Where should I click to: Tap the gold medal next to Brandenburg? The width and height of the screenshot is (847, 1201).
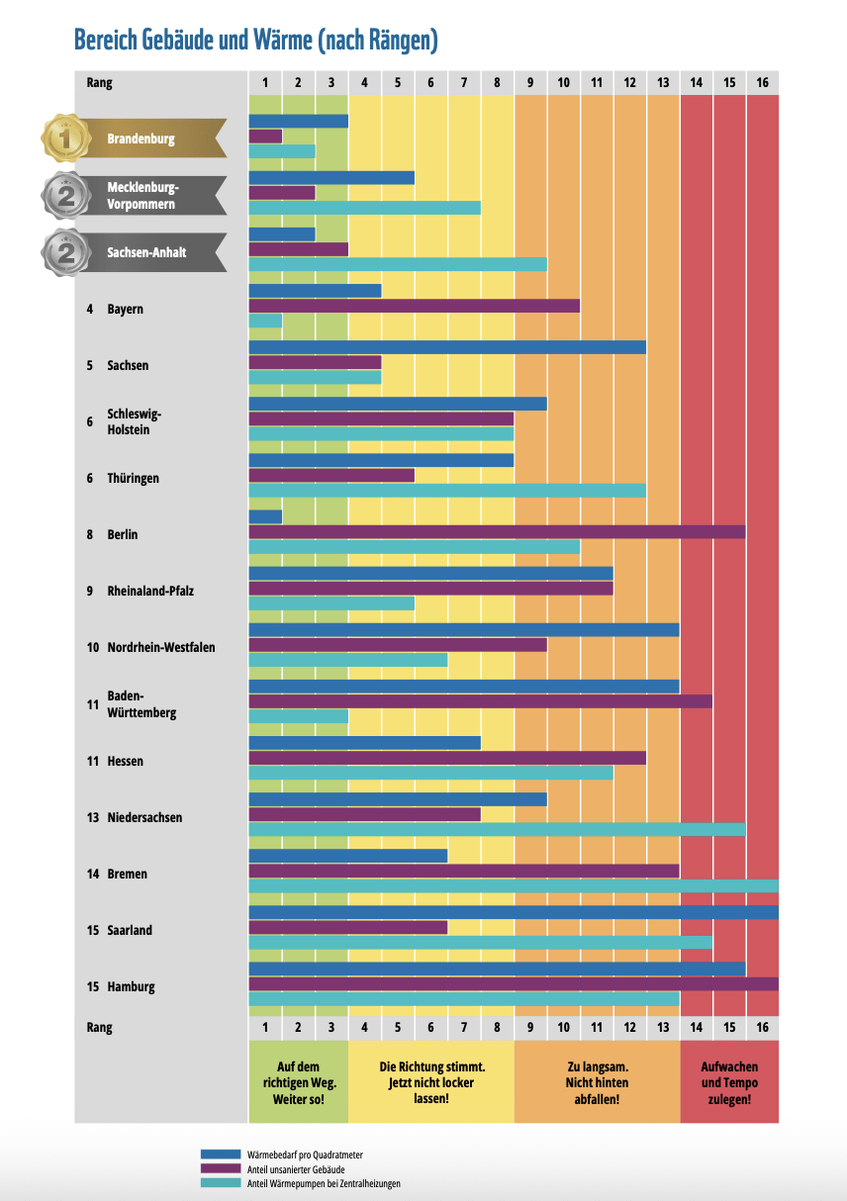[65, 139]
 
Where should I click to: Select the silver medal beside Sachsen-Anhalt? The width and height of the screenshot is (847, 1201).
[65, 252]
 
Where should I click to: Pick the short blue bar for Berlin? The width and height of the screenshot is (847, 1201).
[265, 516]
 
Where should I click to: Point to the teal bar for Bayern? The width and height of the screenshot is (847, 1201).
[265, 321]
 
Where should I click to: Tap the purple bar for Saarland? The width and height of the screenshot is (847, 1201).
[347, 927]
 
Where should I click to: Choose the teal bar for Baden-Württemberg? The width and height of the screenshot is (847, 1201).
[298, 715]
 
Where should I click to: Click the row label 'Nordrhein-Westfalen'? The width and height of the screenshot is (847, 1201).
[160, 648]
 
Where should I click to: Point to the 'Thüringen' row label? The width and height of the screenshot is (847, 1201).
[133, 479]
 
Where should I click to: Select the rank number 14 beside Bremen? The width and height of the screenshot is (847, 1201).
[92, 875]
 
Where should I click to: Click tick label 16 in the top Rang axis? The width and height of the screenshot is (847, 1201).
[762, 83]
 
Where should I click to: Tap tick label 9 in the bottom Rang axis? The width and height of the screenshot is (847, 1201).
[530, 1028]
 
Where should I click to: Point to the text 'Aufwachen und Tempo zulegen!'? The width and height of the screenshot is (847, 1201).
[729, 1082]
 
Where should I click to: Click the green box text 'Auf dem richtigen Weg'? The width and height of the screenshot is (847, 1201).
[298, 1082]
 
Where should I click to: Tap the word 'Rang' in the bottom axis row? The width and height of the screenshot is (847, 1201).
[99, 1028]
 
